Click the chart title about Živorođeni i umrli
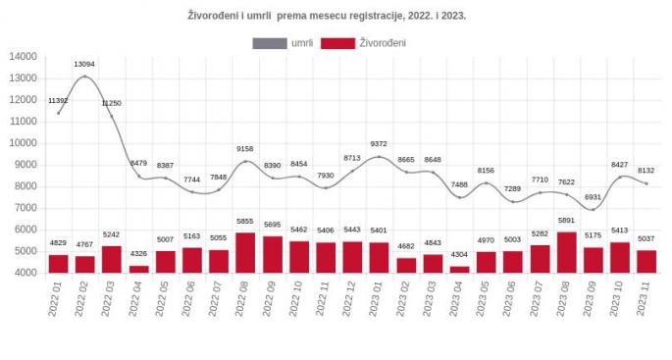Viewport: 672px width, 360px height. pos(327,16)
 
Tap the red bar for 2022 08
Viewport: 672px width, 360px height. pos(245,253)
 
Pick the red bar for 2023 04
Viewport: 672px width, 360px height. pos(459,269)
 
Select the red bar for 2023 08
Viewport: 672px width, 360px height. pos(566,252)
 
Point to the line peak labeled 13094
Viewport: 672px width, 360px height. pos(84,77)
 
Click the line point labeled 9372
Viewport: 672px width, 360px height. pos(379,157)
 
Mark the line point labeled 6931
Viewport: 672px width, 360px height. pos(593,209)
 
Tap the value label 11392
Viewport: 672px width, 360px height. pos(58,101)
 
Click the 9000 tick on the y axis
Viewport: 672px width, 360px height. pos(25,165)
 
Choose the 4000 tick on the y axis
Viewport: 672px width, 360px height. pos(25,273)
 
